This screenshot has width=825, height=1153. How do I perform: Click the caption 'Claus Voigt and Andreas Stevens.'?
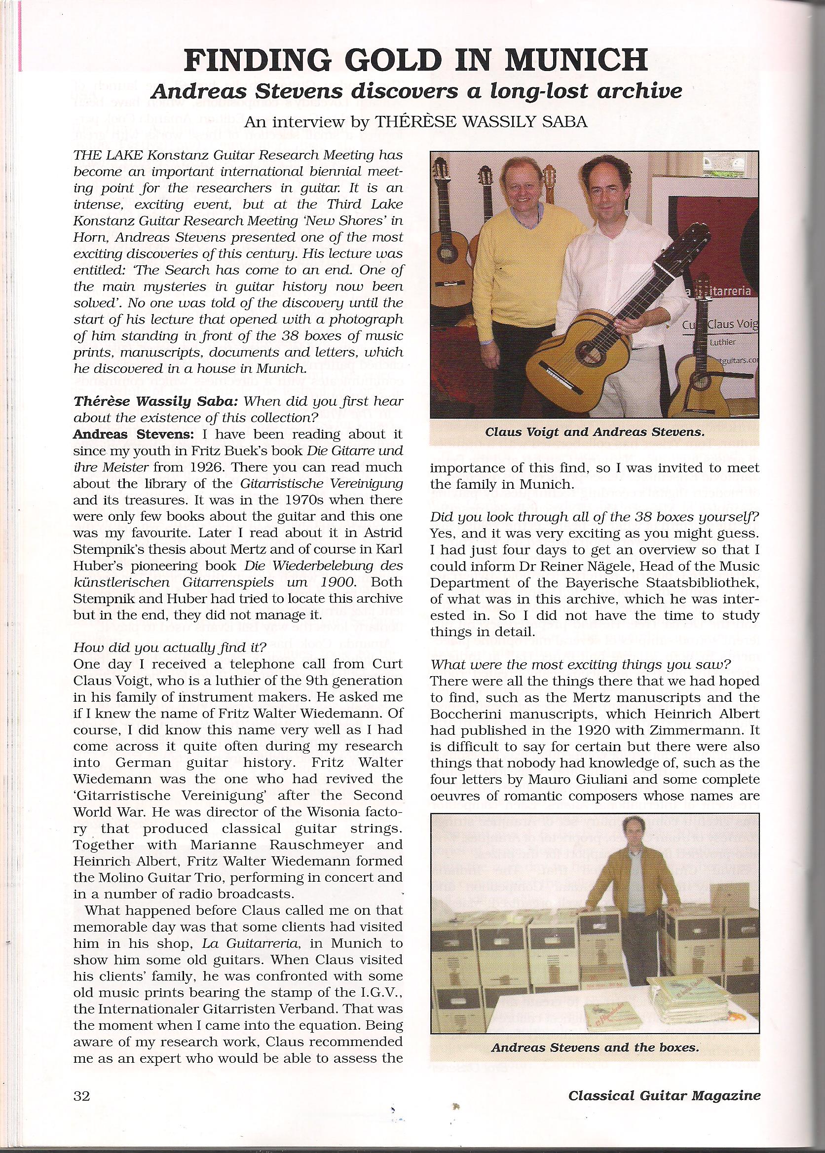pyautogui.click(x=595, y=432)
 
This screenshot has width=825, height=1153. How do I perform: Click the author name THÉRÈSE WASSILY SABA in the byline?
pyautogui.click(x=481, y=122)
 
